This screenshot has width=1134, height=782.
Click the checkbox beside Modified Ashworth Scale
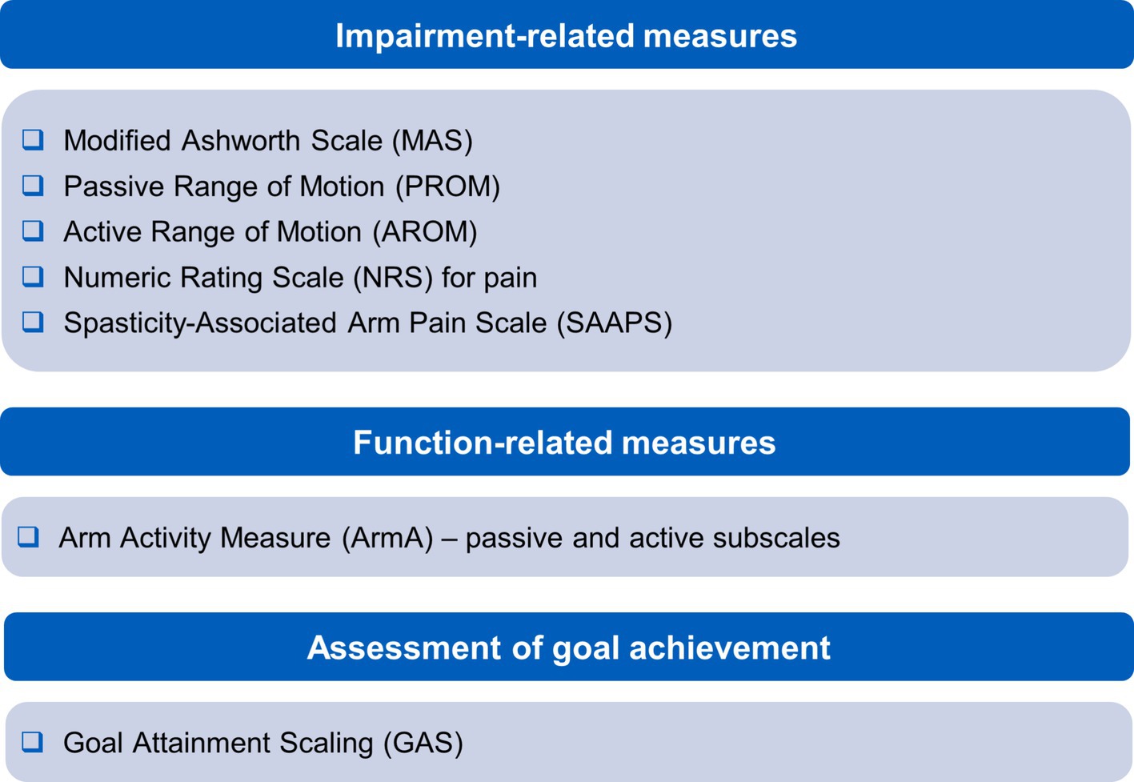point(33,140)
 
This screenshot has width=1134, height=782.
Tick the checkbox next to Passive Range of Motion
point(33,186)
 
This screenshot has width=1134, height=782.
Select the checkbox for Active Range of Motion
point(33,231)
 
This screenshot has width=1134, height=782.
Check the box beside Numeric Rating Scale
point(33,277)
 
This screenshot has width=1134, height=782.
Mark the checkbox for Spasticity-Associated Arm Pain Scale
point(33,322)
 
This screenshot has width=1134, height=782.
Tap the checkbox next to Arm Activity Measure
point(28,537)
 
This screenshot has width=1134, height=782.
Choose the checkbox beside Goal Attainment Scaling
point(32,742)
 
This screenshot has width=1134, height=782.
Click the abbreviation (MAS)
point(432,140)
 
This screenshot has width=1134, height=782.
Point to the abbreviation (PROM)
point(447,186)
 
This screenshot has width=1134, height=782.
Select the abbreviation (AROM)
point(425,232)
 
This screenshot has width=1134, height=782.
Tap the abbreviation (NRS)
point(393,278)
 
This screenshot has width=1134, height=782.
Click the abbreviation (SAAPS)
point(614,323)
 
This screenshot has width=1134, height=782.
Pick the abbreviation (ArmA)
point(387,538)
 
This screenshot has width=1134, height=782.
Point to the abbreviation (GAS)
point(423,743)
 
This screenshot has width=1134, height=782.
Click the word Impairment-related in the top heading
point(484,36)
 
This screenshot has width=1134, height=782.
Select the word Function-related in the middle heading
point(483,442)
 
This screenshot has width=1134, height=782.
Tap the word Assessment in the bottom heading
point(404,648)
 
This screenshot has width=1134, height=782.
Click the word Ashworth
point(240,140)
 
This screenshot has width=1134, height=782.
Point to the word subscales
point(776,538)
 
